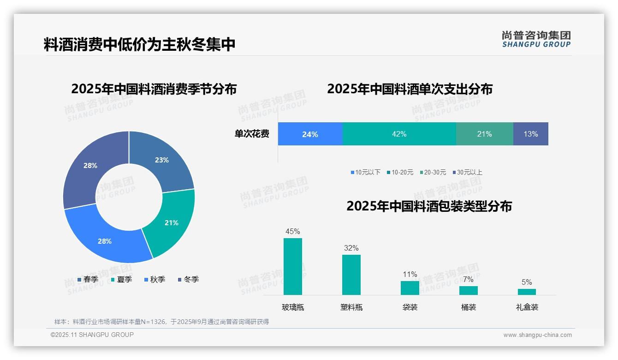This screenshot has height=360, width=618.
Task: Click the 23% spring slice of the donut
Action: pos(164,159)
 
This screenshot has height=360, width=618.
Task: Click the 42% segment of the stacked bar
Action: pos(399,134)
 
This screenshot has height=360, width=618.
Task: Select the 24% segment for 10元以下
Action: pos(310,134)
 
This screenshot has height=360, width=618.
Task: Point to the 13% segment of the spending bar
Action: pos(530,134)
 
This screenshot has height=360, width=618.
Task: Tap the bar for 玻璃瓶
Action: pos(292,266)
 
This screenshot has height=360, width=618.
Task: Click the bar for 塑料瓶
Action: pos(351,275)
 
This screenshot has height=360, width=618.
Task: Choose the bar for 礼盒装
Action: pos(527,292)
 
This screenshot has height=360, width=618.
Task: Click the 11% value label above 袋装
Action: pos(410,274)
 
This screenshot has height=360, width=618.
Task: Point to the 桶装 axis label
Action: pos(468,307)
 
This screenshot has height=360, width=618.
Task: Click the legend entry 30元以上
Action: pos(469,172)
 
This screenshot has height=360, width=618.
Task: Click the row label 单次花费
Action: pos(252,134)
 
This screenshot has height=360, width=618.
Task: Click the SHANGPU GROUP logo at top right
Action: pos(536,39)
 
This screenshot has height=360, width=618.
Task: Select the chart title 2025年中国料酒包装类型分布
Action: pos(429,206)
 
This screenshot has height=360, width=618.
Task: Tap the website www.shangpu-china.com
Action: pos(537,335)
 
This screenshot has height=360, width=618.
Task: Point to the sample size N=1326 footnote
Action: pos(161,322)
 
